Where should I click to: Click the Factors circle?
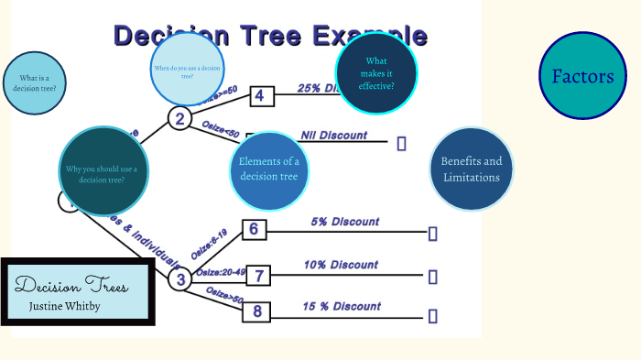(x=582, y=76)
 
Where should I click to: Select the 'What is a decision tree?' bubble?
(x=37, y=83)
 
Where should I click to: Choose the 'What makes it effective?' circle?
(x=376, y=73)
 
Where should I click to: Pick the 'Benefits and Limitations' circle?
(x=472, y=169)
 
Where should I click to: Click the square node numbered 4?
(x=261, y=96)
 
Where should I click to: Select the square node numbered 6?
(x=254, y=230)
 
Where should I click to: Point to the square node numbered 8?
(x=257, y=311)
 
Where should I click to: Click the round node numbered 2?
(x=179, y=118)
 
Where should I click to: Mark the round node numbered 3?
(x=180, y=279)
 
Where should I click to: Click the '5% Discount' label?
(x=344, y=222)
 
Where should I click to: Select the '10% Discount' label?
(x=341, y=265)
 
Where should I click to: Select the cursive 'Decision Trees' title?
(x=71, y=284)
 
